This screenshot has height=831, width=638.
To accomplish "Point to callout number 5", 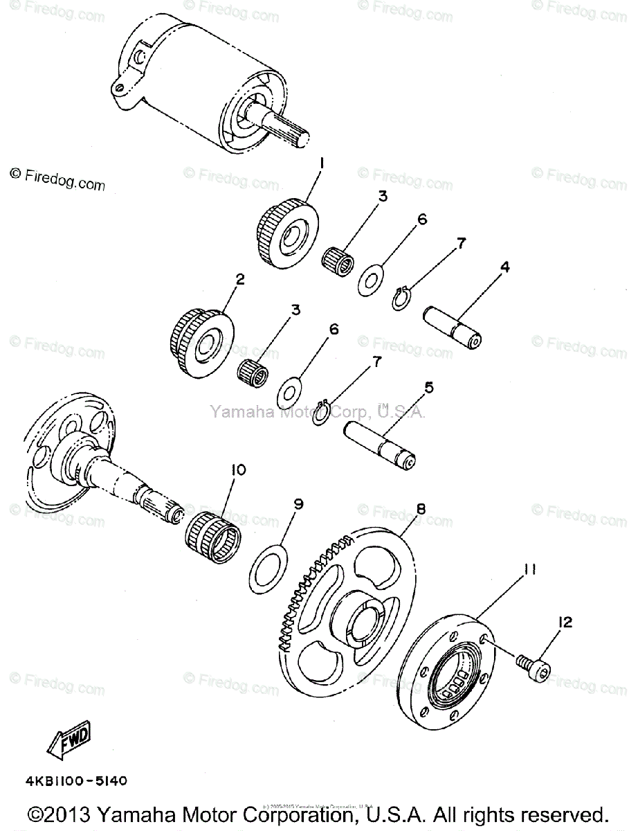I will pyautogui.click(x=428, y=388).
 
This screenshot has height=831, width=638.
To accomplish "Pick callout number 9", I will pyautogui.click(x=298, y=505).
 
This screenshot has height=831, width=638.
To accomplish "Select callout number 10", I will pyautogui.click(x=237, y=470).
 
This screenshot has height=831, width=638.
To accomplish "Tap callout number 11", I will pyautogui.click(x=529, y=570).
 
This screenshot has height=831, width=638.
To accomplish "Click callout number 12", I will pyautogui.click(x=565, y=623).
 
